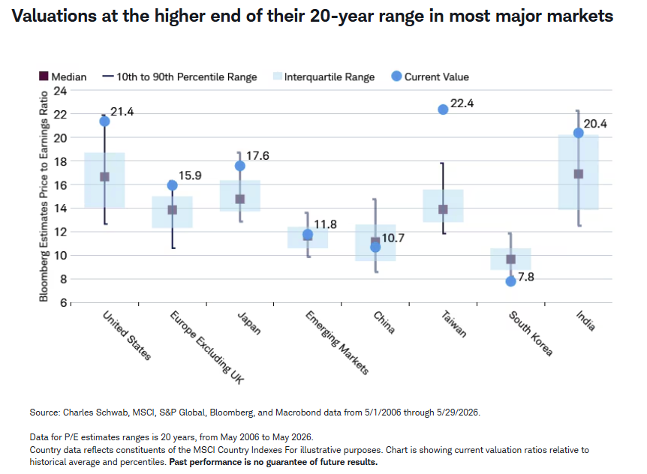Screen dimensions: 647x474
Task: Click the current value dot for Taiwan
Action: pyautogui.click(x=443, y=109)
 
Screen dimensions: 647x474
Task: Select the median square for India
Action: pyautogui.click(x=579, y=174)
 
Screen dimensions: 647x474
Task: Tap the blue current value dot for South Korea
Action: pyautogui.click(x=510, y=281)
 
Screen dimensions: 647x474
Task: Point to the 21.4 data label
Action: pyautogui.click(x=122, y=112)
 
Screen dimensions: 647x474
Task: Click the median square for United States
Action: pyautogui.click(x=105, y=177)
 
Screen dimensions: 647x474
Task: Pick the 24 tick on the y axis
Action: pyautogui.click(x=60, y=91)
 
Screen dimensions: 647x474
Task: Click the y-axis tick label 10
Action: pyautogui.click(x=60, y=256)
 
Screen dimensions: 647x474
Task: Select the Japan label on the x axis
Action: pyautogui.click(x=249, y=322)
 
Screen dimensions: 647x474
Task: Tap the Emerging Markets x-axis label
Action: pyautogui.click(x=337, y=343)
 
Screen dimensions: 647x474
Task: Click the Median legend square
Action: pyautogui.click(x=44, y=76)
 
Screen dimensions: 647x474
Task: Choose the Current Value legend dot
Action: pyautogui.click(x=396, y=76)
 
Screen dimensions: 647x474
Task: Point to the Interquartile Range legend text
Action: pyautogui.click(x=330, y=77)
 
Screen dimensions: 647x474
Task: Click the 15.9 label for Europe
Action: pyautogui.click(x=190, y=175)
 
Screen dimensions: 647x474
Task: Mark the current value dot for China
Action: pyautogui.click(x=375, y=247)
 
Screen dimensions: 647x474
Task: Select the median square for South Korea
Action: pyautogui.click(x=511, y=259)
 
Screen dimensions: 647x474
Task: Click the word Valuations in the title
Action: pyautogui.click(x=54, y=16)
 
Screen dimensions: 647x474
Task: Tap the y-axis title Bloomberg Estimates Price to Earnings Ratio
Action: pyautogui.click(x=44, y=196)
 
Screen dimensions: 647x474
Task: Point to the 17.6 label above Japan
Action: pyautogui.click(x=258, y=156)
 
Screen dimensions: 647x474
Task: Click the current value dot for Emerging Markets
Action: pyautogui.click(x=308, y=235)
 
